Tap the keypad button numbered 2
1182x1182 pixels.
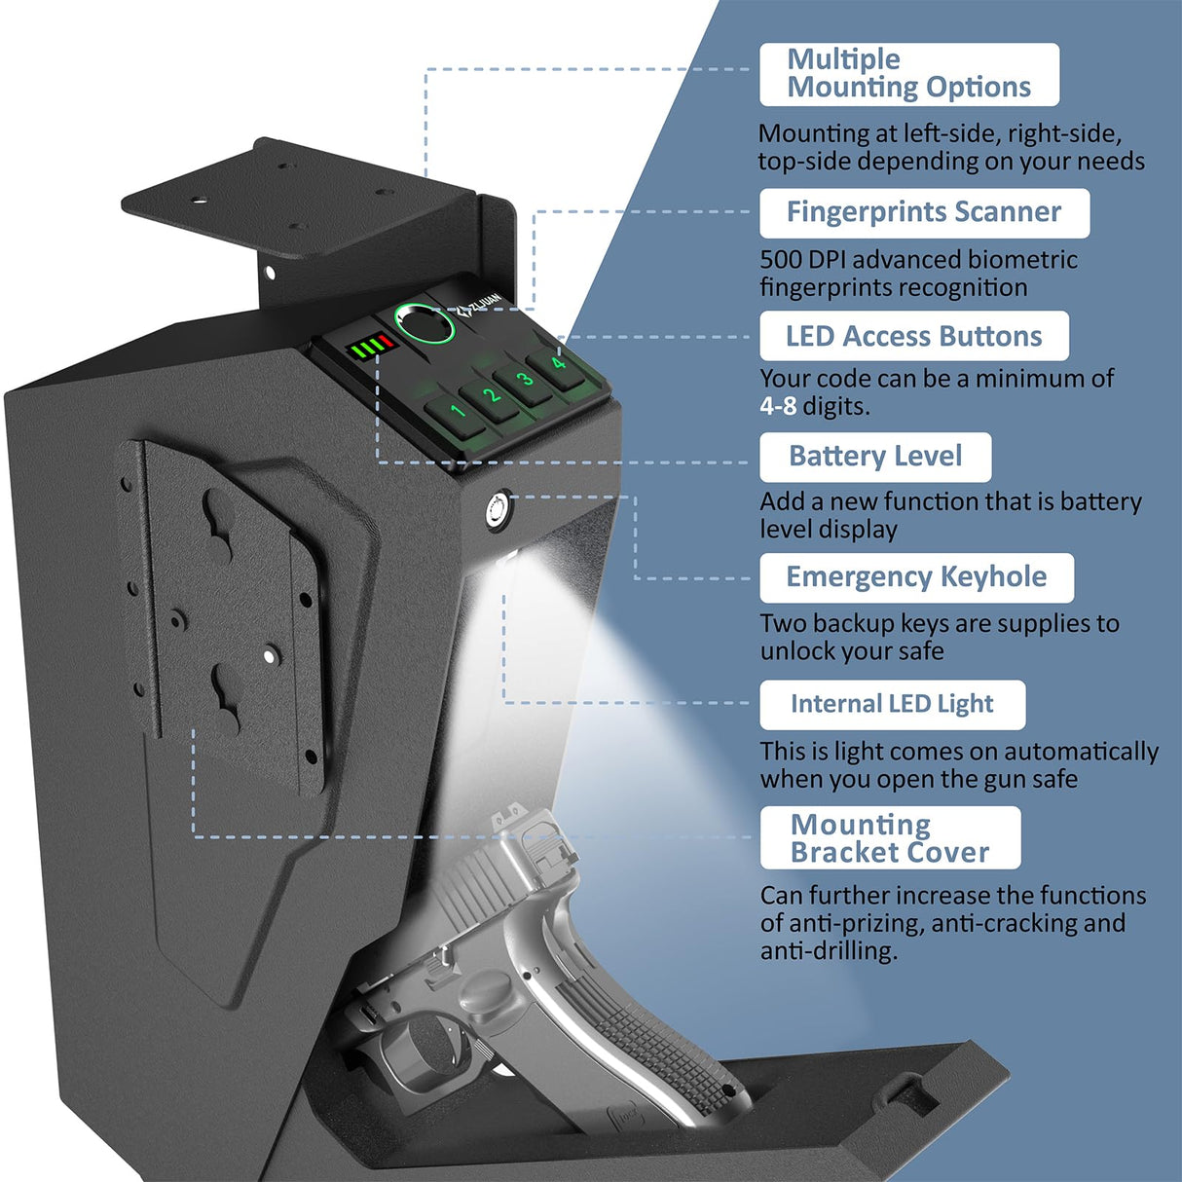click(491, 395)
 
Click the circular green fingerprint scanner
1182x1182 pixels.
click(424, 324)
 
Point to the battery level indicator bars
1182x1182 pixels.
click(371, 347)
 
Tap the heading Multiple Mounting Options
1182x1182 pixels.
click(907, 74)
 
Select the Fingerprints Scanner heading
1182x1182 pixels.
click(923, 212)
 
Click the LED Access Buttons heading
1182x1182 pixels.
click(913, 336)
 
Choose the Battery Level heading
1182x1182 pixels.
click(874, 457)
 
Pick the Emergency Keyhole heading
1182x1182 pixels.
click(915, 577)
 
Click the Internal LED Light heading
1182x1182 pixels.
click(891, 704)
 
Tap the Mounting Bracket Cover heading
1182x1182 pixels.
click(889, 838)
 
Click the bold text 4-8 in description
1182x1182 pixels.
click(778, 406)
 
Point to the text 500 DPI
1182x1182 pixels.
click(803, 260)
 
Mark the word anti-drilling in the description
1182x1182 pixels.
click(828, 951)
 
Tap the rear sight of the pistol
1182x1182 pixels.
click(513, 815)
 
